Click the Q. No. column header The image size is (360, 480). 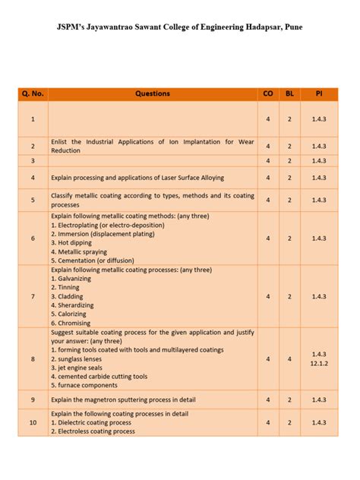33,94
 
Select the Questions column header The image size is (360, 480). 153,94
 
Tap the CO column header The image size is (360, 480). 268,94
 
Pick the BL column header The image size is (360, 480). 289,94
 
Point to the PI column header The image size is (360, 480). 318,94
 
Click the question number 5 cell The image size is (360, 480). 33,201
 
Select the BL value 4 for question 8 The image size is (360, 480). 289,358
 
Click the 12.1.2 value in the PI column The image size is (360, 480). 318,364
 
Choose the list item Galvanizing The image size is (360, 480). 72,279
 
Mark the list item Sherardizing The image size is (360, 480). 74,305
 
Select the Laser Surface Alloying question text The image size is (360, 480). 137,178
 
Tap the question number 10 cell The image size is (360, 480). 33,422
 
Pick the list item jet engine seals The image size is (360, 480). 81,368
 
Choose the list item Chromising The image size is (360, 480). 72,323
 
